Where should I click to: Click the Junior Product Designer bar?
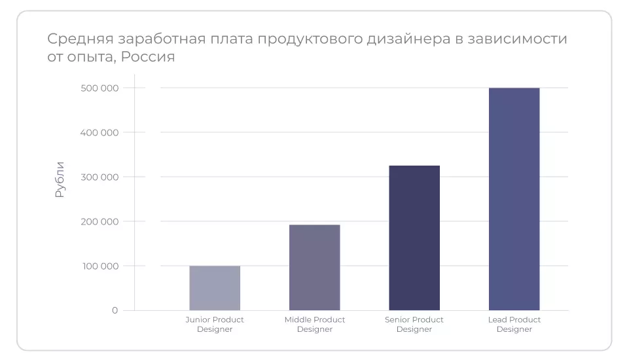215,288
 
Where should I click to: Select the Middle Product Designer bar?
315,267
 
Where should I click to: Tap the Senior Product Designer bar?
414,238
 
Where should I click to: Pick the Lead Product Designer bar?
514,199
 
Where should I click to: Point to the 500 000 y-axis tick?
100,88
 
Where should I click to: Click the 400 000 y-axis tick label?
100,133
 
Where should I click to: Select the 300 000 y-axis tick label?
100,177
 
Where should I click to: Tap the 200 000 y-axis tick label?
100,222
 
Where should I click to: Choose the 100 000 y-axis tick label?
100,266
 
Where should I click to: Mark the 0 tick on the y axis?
115,310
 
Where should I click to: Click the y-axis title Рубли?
60,179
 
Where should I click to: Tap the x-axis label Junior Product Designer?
215,325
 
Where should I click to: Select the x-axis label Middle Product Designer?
315,325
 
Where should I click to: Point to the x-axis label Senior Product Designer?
414,325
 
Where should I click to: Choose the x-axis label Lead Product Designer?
514,325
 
